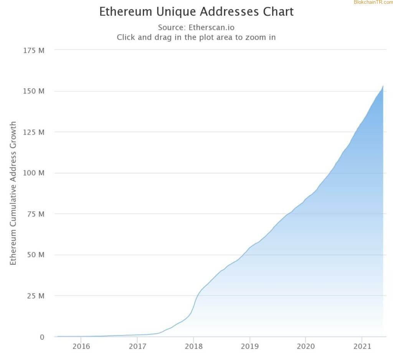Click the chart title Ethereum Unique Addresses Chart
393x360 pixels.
point(196,12)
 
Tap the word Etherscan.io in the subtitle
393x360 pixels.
point(211,28)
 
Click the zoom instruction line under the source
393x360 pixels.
point(196,38)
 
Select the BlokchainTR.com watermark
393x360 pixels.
point(373,3)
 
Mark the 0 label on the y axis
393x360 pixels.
point(42,337)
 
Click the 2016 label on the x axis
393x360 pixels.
point(81,347)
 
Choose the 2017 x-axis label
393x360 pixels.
point(137,347)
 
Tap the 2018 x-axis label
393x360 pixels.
point(193,347)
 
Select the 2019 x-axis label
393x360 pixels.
point(250,347)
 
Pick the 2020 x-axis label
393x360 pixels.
point(306,347)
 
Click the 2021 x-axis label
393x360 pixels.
point(362,347)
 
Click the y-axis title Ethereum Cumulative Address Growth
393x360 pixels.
point(13,193)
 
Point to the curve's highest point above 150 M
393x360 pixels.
point(383,86)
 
